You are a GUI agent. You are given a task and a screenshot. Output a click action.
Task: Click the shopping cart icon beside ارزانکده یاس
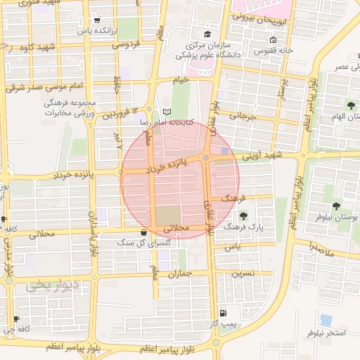[97, 20]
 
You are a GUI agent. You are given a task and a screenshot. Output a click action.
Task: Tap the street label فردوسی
[127, 44]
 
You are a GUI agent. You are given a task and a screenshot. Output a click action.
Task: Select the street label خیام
[181, 80]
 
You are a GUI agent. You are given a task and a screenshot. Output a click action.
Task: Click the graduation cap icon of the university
[207, 34]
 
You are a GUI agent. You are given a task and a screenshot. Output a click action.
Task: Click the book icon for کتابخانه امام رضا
[167, 111]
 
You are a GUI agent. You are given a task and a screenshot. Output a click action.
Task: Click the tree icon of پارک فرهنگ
[243, 216]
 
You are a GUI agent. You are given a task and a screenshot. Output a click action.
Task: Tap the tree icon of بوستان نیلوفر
[335, 206]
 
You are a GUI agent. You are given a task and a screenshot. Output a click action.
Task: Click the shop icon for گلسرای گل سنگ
[144, 232]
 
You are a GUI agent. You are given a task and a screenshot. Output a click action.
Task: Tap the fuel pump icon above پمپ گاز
[223, 313]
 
